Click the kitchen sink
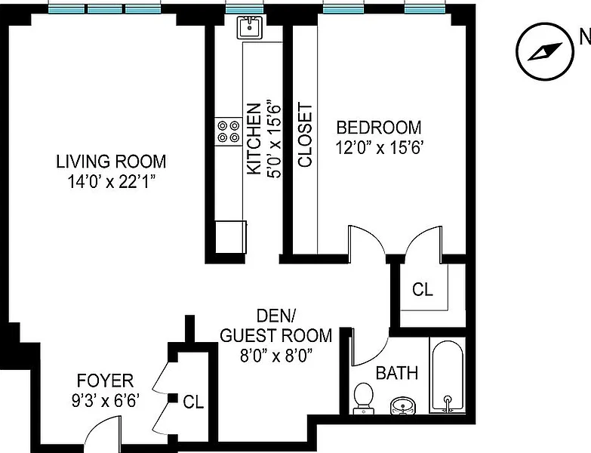[x=249, y=27]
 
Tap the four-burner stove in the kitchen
[x=229, y=131]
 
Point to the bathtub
[x=448, y=376]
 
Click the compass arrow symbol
[x=545, y=51]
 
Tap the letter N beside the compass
[x=585, y=37]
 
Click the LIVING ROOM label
[x=111, y=162]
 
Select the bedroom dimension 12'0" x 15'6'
[x=378, y=147]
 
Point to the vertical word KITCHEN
[x=254, y=139]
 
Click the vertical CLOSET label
[x=304, y=134]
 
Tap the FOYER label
[x=105, y=381]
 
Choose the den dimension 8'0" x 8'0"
[x=277, y=356]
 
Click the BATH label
[x=397, y=373]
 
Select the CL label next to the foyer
[x=193, y=402]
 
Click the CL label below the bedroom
[x=423, y=289]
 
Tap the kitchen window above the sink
[x=245, y=9]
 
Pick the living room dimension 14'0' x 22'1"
[x=111, y=182]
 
